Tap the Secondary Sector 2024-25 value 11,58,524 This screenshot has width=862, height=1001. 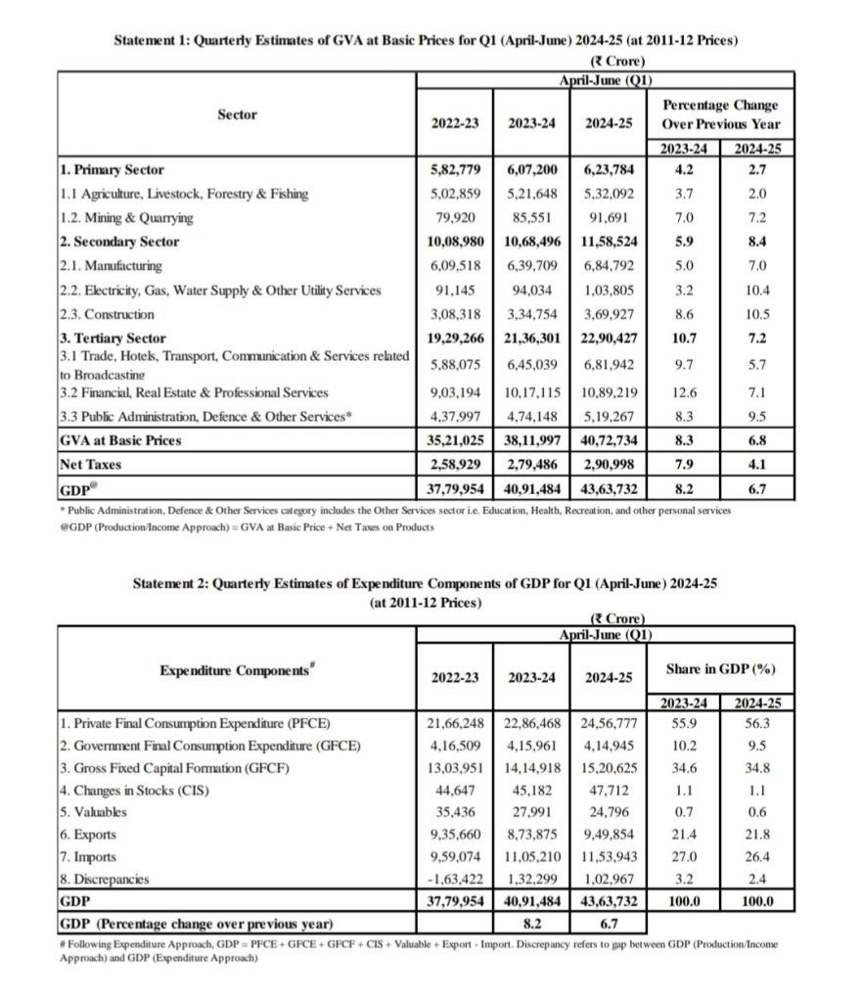tap(606, 242)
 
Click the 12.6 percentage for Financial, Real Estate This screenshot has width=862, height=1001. tap(684, 392)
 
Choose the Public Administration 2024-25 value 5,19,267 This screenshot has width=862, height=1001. tap(606, 417)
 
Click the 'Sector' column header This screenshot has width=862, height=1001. tap(237, 115)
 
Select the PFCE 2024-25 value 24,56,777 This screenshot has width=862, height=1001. tap(606, 724)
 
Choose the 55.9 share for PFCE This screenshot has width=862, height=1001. tap(684, 724)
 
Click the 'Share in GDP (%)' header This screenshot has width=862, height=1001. tap(720, 669)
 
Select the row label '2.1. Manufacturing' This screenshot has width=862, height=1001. tap(110, 266)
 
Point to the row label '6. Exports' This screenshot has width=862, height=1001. tap(88, 835)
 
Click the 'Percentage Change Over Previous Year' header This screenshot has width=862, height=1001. tap(720, 114)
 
